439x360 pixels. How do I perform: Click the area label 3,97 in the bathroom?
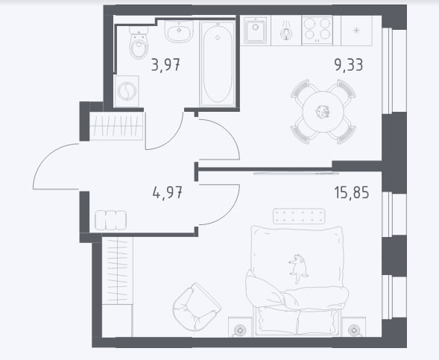pos(165,65)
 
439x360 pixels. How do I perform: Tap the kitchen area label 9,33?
pos(349,65)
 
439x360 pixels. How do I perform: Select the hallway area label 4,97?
pos(168,192)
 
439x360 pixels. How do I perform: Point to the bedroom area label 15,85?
pos(352,192)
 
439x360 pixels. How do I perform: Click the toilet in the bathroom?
pos(139,42)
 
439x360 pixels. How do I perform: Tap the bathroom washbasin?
pos(179,31)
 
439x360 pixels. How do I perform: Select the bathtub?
pos(218,63)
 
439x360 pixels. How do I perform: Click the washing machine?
pos(127,91)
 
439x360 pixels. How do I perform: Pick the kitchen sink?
pos(255,31)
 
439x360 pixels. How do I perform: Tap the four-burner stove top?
pos(317,30)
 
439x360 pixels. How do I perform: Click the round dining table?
pos(323,112)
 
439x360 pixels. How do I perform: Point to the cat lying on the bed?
pos(298,268)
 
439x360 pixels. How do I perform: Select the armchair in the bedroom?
pos(197,307)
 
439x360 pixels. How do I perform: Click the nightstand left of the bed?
pos(240,327)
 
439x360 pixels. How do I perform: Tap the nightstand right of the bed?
pos(353,327)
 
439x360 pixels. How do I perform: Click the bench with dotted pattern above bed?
pos(299,216)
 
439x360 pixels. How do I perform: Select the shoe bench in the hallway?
pos(110,221)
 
